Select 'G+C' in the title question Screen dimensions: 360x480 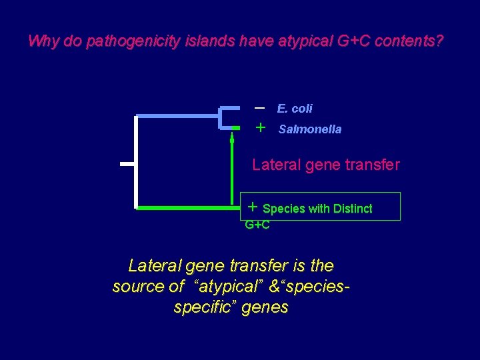[x=351, y=41]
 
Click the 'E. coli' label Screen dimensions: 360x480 [x=295, y=109]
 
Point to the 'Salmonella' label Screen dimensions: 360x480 [x=309, y=129]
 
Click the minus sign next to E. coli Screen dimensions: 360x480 [x=260, y=107]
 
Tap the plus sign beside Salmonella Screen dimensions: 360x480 [x=261, y=127]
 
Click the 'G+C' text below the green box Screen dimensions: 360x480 [x=257, y=225]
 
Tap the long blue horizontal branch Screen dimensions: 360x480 [x=177, y=116]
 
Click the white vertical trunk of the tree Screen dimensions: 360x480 [x=136, y=162]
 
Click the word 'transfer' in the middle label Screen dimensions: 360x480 [x=371, y=164]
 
